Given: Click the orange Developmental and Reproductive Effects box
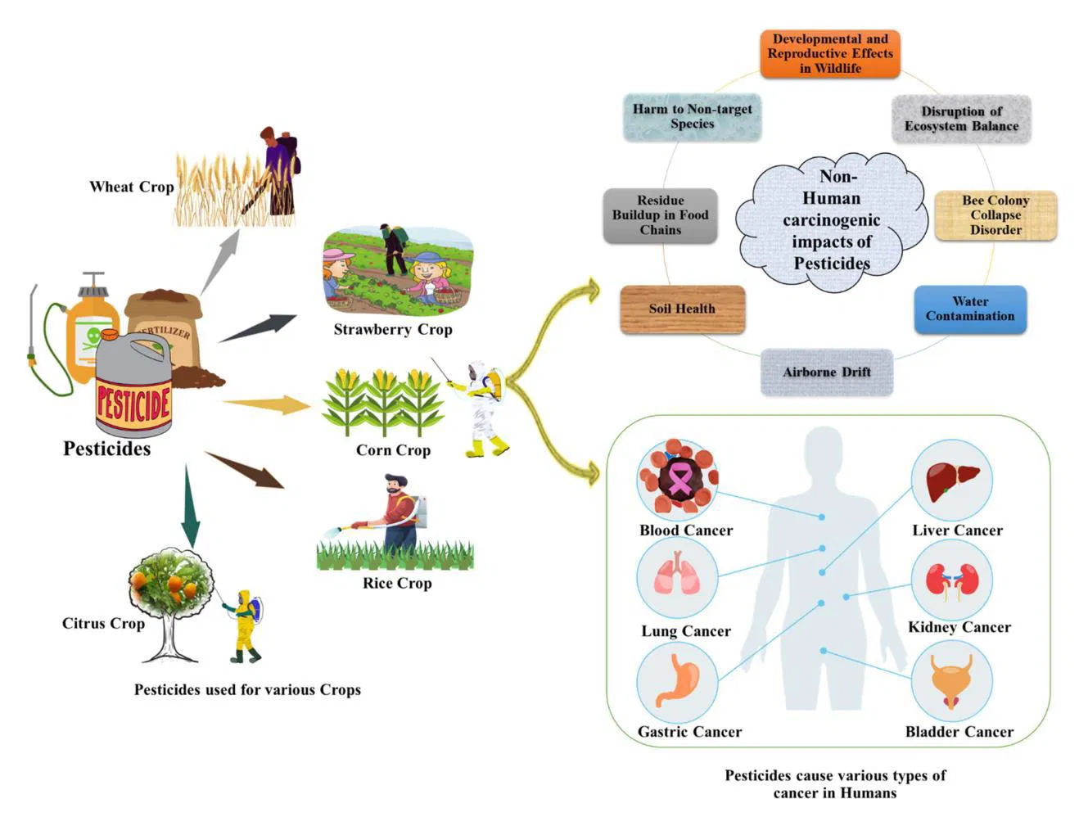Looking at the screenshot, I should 829,54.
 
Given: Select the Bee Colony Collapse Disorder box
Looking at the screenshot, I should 995,215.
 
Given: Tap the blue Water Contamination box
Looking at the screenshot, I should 969,309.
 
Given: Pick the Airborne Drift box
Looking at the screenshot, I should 826,372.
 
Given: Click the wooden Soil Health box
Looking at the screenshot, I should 682,309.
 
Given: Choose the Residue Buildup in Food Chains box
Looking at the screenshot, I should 660,215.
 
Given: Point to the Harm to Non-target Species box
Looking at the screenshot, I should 692,116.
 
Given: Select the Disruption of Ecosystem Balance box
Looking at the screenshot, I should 960,119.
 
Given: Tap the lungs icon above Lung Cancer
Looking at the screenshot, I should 677,574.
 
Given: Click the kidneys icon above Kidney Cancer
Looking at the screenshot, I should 951,580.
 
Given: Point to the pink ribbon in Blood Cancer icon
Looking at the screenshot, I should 679,478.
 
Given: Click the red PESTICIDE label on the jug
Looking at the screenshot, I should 133,404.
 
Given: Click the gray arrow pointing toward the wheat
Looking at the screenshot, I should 219,260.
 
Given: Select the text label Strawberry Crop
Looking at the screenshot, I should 392,329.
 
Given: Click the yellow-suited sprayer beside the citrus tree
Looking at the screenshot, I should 245,625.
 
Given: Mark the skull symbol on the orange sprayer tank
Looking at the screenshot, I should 93,336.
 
